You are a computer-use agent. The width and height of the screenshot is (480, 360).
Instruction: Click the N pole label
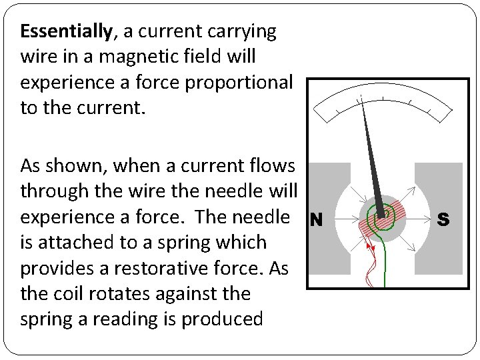(x=317, y=219)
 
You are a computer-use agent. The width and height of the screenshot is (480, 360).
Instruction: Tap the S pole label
(x=443, y=219)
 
